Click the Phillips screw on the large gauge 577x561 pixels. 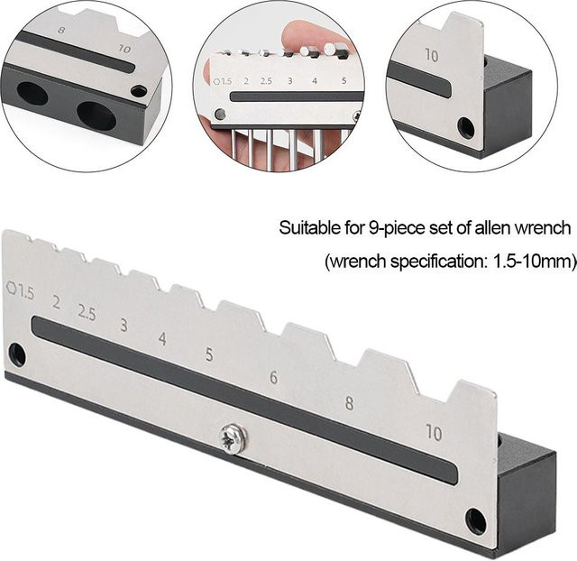pyautogui.click(x=232, y=438)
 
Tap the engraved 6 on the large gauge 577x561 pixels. pyautogui.click(x=273, y=377)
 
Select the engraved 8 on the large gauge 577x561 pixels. pyautogui.click(x=349, y=403)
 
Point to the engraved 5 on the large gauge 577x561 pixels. pyautogui.click(x=209, y=354)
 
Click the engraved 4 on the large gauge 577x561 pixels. pyautogui.click(x=162, y=338)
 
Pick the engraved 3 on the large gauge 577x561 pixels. pyautogui.click(x=124, y=325)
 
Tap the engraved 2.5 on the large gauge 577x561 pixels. pyautogui.click(x=87, y=313)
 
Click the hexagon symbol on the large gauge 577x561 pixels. pyautogui.click(x=12, y=288)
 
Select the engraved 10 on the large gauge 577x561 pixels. pyautogui.click(x=434, y=433)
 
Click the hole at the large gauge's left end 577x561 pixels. pyautogui.click(x=17, y=354)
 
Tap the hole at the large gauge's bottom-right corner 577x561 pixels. pyautogui.click(x=476, y=521)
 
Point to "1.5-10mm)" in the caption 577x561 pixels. pyautogui.click(x=534, y=262)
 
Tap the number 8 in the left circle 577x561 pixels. pyautogui.click(x=61, y=30)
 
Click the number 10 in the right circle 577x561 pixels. pyautogui.click(x=432, y=56)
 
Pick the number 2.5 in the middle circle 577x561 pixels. pyautogui.click(x=266, y=80)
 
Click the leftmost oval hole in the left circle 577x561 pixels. pyautogui.click(x=32, y=93)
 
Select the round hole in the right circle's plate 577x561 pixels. pyautogui.click(x=465, y=127)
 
